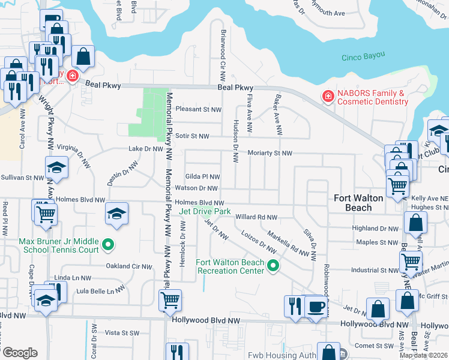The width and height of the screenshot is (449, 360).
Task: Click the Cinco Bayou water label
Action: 363,58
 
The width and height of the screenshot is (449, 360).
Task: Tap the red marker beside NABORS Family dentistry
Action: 328,97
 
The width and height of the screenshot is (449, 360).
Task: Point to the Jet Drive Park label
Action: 205,211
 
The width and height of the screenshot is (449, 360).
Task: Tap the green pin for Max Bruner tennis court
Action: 107,244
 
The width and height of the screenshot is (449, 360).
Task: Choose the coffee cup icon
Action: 316,305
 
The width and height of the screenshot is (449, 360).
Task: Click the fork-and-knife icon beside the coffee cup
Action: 294,305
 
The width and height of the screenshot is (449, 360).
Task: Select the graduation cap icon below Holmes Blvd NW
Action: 116,213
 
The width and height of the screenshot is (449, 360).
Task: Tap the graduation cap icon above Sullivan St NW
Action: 57,167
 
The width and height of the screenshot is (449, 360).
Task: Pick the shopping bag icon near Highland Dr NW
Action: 415,223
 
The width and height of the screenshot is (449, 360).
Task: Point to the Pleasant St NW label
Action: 198,110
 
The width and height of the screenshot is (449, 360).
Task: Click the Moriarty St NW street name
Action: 270,154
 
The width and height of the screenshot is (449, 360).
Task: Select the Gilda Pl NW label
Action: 202,176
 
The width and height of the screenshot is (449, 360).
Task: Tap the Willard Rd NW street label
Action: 256,217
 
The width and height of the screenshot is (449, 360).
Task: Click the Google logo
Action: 20,352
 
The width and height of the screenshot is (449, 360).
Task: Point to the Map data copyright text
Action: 423,355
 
